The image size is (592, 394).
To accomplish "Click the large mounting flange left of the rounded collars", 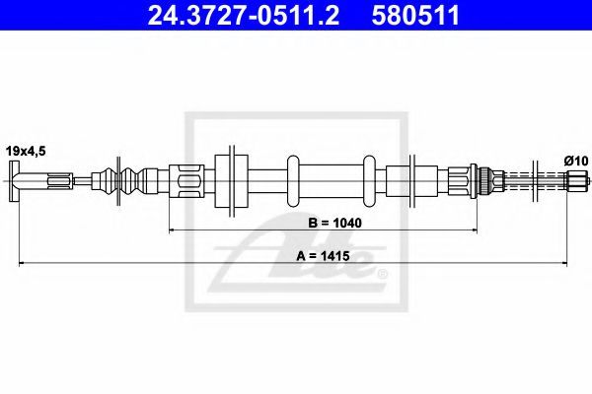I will pyautogui.click(x=231, y=180).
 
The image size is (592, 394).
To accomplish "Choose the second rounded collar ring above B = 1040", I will pyautogui.click(x=370, y=180).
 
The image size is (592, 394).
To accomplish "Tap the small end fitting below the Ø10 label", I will pyautogui.click(x=575, y=181).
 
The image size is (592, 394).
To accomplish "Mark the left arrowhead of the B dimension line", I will pyautogui.click(x=175, y=230).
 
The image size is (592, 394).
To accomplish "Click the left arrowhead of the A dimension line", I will pyautogui.click(x=17, y=262).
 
